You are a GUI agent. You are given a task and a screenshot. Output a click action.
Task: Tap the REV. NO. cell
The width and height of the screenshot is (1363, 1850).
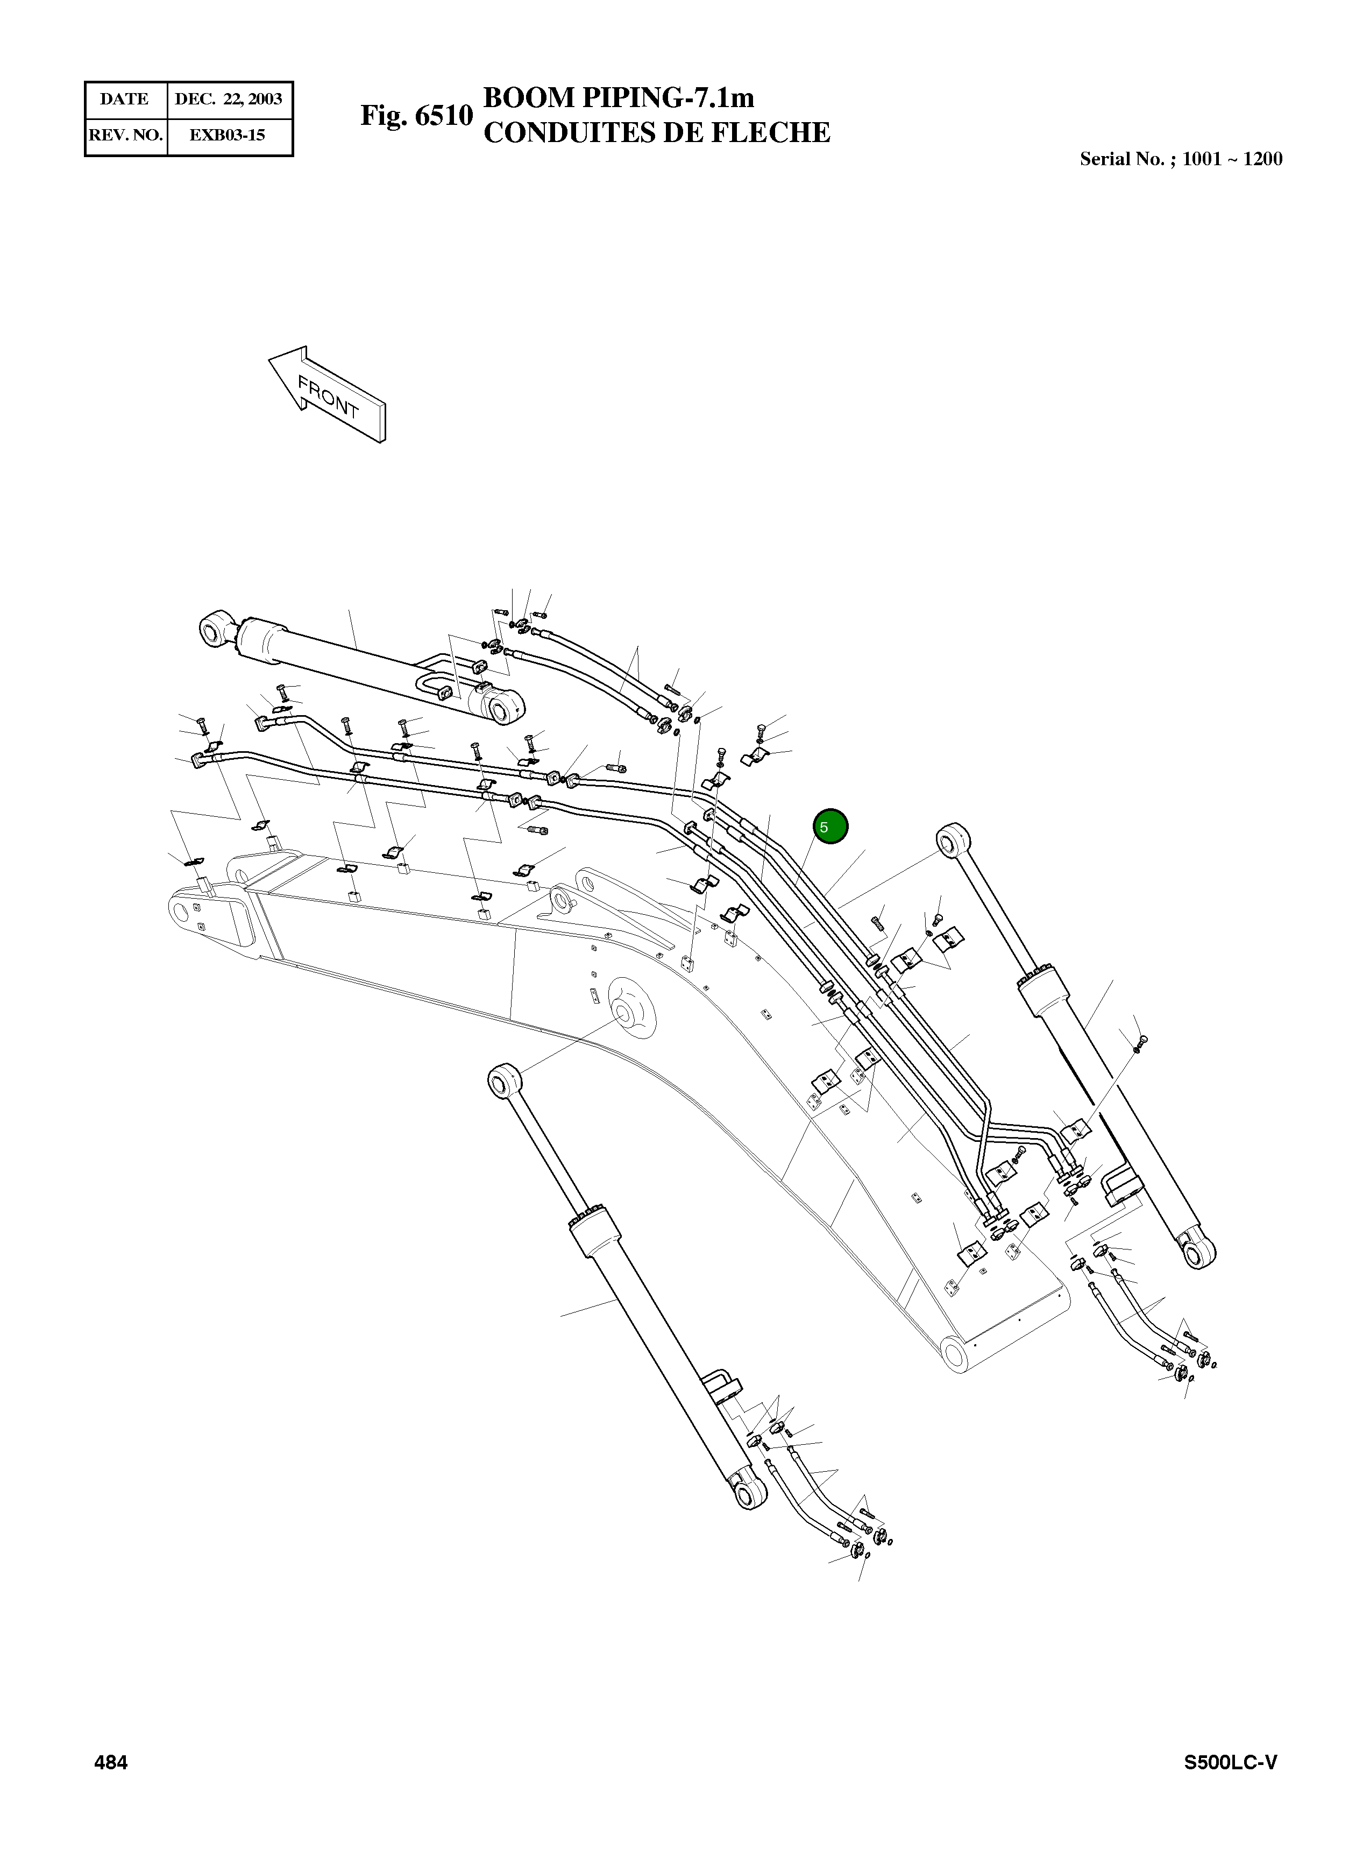pyautogui.click(x=125, y=135)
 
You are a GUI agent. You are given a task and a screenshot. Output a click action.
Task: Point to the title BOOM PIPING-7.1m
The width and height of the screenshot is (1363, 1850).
pyautogui.click(x=618, y=98)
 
